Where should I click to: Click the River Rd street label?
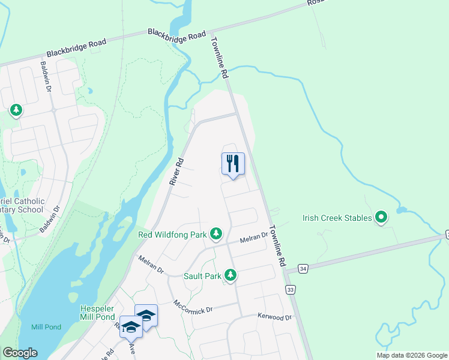pyautogui.click(x=175, y=171)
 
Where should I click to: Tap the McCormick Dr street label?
pyautogui.click(x=193, y=307)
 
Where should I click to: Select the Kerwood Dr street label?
pyautogui.click(x=274, y=317)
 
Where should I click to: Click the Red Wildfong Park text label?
pyautogui.click(x=172, y=235)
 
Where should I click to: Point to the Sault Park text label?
pyautogui.click(x=203, y=276)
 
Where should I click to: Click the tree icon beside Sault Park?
pyautogui.click(x=230, y=275)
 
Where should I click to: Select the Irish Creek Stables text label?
pyautogui.click(x=337, y=217)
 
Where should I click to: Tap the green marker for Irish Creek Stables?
pyautogui.click(x=381, y=217)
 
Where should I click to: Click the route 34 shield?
pyautogui.click(x=304, y=269)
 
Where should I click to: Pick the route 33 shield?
pyautogui.click(x=291, y=290)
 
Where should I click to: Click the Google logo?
pyautogui.click(x=20, y=353)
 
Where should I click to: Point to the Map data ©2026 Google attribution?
pyautogui.click(x=412, y=355)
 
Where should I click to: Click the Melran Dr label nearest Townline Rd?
pyautogui.click(x=253, y=238)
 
